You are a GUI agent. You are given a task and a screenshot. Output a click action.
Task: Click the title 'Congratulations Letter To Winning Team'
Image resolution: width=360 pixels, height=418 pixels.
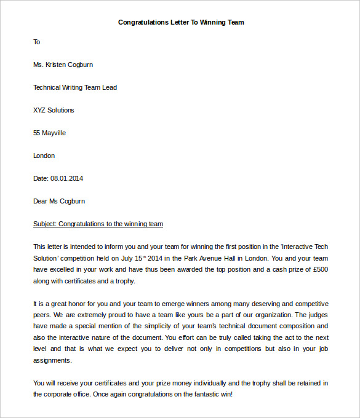[181, 22]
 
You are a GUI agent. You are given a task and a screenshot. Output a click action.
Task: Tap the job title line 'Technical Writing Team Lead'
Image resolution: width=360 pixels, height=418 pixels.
[75, 87]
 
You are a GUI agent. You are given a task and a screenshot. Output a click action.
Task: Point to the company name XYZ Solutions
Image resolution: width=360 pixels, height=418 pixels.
[54, 110]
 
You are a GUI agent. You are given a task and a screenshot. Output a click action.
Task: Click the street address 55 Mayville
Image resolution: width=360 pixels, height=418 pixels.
[49, 133]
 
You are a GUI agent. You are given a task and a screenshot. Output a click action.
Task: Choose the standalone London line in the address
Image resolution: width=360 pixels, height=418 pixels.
[44, 156]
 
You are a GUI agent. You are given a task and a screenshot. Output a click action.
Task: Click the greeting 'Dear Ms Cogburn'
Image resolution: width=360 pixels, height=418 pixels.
[59, 201]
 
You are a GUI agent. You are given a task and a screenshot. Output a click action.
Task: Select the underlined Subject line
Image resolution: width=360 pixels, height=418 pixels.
[98, 224]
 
